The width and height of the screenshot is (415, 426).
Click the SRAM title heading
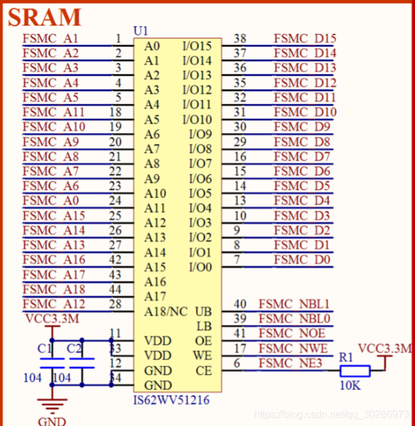pos(45,17)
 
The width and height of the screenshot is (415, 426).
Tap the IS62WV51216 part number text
pos(170,401)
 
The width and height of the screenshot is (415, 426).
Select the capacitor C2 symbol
pos(81,363)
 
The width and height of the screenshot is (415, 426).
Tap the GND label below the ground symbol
pos(52,421)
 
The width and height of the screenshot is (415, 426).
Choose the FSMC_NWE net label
pos(293,348)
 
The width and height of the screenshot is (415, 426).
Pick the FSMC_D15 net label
pos(305,38)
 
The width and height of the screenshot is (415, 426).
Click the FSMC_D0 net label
pos(302,260)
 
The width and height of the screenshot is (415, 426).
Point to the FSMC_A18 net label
pos(53,289)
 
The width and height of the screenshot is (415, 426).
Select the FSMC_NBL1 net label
pos(294,304)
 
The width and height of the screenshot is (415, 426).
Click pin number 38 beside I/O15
pos(240,39)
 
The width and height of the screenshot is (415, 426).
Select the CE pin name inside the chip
pos(203,371)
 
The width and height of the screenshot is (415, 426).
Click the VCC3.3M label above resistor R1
pos(384,349)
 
